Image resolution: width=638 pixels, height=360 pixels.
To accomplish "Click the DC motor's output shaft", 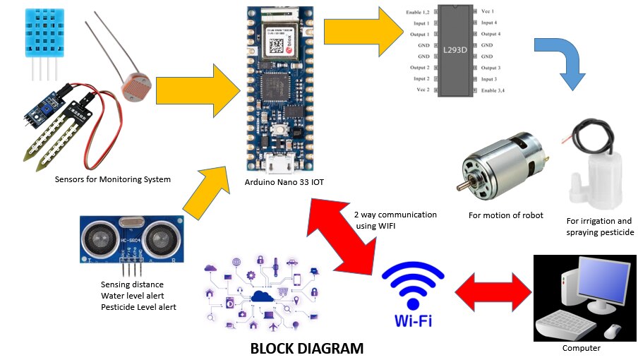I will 459,185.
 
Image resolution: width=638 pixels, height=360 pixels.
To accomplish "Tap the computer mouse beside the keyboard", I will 613,330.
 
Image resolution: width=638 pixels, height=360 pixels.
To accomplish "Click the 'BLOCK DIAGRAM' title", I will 307,348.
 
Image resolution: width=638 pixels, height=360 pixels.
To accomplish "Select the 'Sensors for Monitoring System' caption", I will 113,179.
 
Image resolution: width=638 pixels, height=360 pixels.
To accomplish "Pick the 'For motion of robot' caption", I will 506,215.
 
